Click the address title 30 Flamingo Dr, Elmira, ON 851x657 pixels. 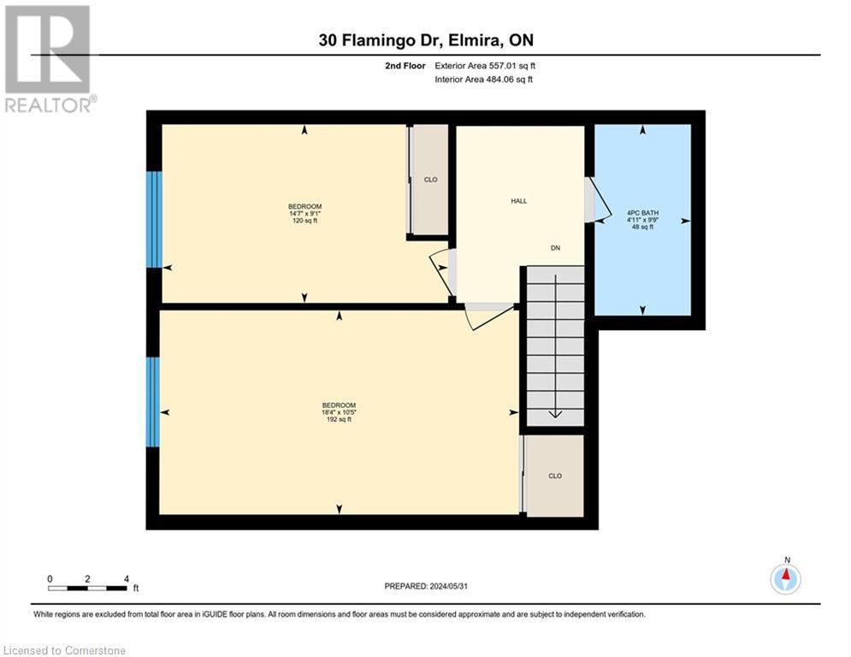pyautogui.click(x=425, y=40)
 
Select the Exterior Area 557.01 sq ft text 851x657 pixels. pyautogui.click(x=486, y=66)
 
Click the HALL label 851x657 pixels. pyautogui.click(x=519, y=201)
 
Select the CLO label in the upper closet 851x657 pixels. pyautogui.click(x=431, y=180)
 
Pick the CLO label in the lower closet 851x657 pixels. pyautogui.click(x=555, y=476)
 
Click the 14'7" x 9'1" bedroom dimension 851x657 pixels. pyautogui.click(x=304, y=214)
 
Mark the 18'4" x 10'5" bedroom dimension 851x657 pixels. pyautogui.click(x=339, y=412)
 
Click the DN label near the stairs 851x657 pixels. pyautogui.click(x=555, y=248)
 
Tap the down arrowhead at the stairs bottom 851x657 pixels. pyautogui.click(x=555, y=414)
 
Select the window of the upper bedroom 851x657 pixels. pyautogui.click(x=154, y=219)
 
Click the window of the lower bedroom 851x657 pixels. pyautogui.click(x=153, y=402)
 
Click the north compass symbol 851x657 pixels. pyautogui.click(x=785, y=579)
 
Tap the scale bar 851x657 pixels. pyautogui.click(x=88, y=588)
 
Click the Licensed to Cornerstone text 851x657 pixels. pyautogui.click(x=65, y=650)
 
